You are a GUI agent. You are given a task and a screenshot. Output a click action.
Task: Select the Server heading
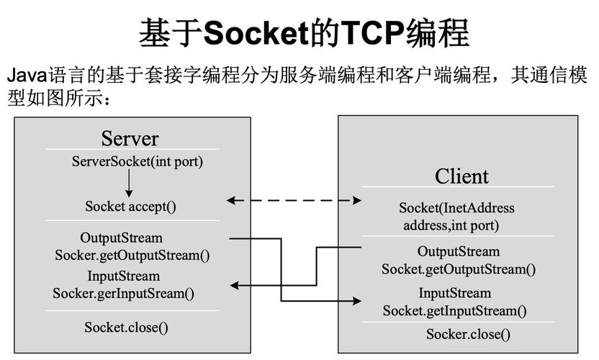point(130,138)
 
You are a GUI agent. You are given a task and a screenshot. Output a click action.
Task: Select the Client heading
point(461,176)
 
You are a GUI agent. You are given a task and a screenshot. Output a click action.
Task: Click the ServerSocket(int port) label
point(138,161)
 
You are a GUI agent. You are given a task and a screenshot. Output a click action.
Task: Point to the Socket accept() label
point(130,206)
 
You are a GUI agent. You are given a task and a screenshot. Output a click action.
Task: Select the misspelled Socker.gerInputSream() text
point(123,293)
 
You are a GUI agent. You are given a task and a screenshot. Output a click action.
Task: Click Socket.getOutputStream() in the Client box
point(459,269)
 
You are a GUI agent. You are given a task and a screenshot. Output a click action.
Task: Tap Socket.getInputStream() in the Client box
point(454,311)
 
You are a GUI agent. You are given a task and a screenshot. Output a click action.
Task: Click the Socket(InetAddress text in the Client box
point(456,208)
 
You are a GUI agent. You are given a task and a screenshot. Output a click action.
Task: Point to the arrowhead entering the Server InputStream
point(235,287)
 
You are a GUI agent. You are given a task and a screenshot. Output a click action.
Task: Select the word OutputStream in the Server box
point(121,238)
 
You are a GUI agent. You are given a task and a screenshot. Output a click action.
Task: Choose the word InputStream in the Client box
point(455,293)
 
